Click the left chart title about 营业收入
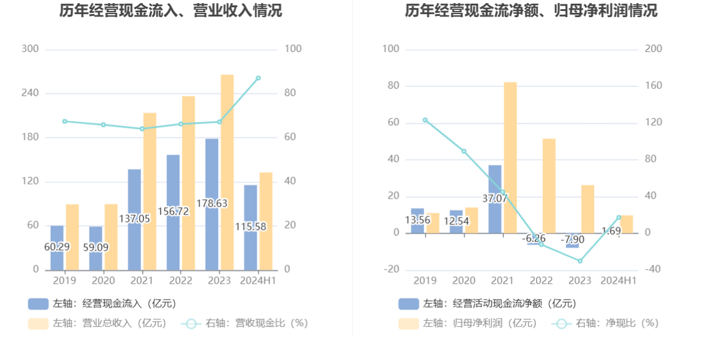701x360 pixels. point(171,10)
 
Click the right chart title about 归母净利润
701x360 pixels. point(531,10)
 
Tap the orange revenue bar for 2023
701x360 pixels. point(227,172)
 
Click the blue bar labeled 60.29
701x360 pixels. point(57,247)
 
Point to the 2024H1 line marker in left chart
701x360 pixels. point(259,78)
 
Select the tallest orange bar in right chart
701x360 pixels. point(510,157)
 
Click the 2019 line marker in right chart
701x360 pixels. point(425,120)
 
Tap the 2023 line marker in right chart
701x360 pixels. point(580,261)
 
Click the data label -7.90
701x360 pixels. point(574,239)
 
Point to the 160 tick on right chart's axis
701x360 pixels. point(653,86)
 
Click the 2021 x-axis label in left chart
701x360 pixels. point(142,281)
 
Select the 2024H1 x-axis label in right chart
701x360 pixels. point(618,281)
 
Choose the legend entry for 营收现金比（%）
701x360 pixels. point(244,323)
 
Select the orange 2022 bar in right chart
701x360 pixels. point(549,186)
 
